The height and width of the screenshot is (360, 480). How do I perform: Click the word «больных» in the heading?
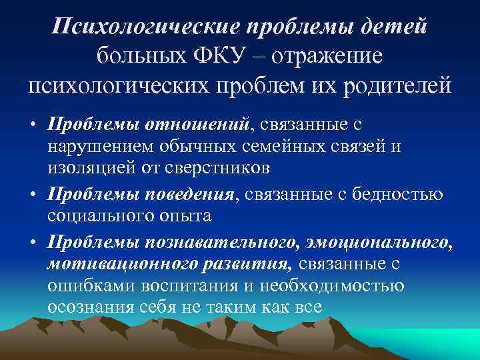[x=143, y=56]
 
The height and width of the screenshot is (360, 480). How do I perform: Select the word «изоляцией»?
[x=91, y=167]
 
